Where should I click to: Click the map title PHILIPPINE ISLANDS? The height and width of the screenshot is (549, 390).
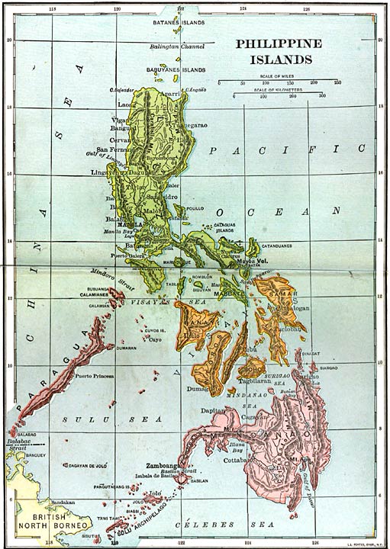tap(278, 51)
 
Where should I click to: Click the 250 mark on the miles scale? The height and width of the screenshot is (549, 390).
tap(337, 82)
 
